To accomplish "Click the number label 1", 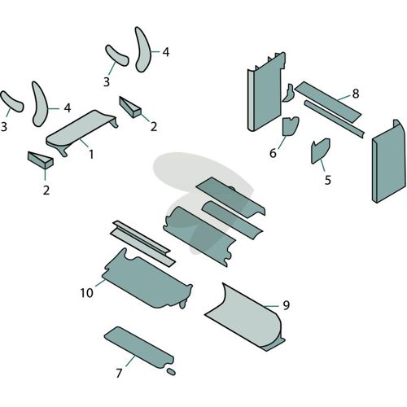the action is tap(91, 154).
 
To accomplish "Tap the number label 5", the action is tap(328, 180).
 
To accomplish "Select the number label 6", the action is tap(273, 153).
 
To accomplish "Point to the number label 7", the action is tap(119, 373).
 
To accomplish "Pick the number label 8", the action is tap(356, 94).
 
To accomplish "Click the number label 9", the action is tap(287, 305).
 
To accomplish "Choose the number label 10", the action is tap(86, 293).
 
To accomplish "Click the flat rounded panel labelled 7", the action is tap(139, 348).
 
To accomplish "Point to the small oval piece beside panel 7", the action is tap(171, 371).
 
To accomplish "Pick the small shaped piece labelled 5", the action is tap(320, 151).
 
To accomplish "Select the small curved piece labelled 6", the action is tap(290, 126).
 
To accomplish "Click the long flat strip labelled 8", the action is tap(328, 102).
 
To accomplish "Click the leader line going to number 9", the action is tap(271, 306).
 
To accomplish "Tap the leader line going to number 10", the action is tap(100, 282).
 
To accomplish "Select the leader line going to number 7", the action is tap(130, 361).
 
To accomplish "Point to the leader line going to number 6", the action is tap(282, 142).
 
